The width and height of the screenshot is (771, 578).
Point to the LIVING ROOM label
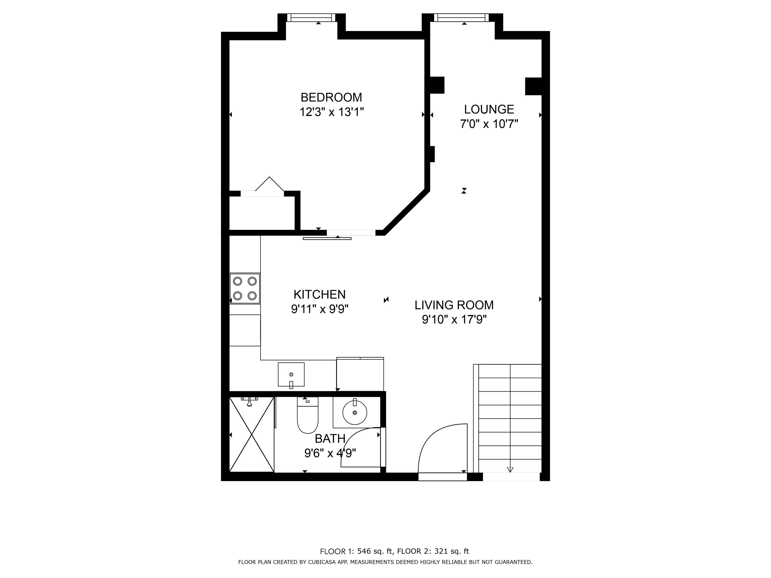coord(454,305)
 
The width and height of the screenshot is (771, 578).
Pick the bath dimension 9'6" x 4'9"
coord(330,453)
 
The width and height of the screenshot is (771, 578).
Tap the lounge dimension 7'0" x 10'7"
coord(489,124)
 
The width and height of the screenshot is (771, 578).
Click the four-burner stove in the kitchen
coord(245,288)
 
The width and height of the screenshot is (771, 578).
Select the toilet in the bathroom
coord(307,415)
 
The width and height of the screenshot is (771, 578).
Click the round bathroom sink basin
coord(355,413)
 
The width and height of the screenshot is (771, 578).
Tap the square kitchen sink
coord(291,375)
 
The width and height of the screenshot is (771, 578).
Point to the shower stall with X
coord(252,434)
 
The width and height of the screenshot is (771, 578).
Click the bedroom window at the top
coord(311,17)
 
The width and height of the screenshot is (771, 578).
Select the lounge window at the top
coord(461,17)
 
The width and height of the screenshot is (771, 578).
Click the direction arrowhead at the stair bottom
coord(510,470)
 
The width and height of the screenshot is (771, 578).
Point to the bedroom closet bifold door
coord(269,184)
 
